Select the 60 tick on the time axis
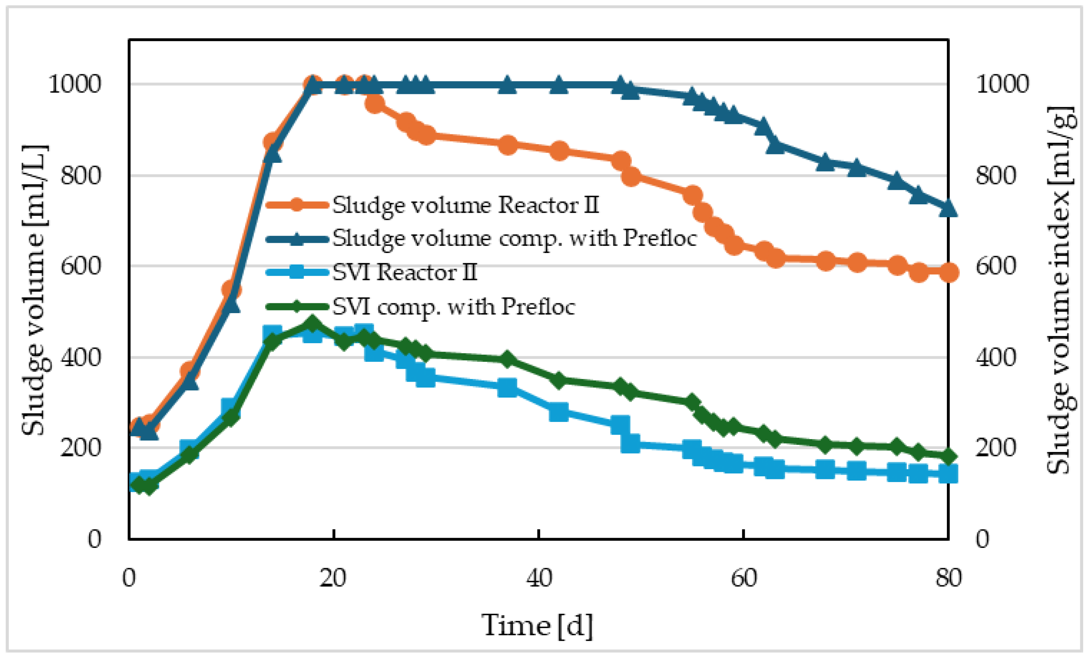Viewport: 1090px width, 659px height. coord(744,578)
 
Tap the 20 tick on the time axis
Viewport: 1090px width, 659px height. coord(333,578)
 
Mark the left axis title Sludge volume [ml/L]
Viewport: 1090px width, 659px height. coord(35,290)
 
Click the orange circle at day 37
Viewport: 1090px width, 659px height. coord(508,145)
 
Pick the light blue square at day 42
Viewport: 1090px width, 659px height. coord(559,412)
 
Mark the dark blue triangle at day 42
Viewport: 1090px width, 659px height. coord(559,85)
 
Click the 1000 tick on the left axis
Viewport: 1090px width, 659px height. coord(74,84)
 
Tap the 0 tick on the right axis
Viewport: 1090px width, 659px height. coord(983,539)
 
